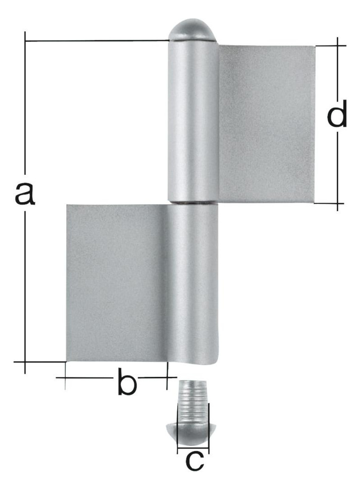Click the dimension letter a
pyautogui.click(x=25, y=194)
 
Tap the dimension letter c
pyautogui.click(x=195, y=461)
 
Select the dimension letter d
pyautogui.click(x=337, y=114)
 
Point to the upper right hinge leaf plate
pyautogui.click(x=266, y=124)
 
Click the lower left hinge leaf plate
pyautogui.click(x=116, y=283)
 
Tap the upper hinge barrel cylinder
pyautogui.click(x=193, y=121)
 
